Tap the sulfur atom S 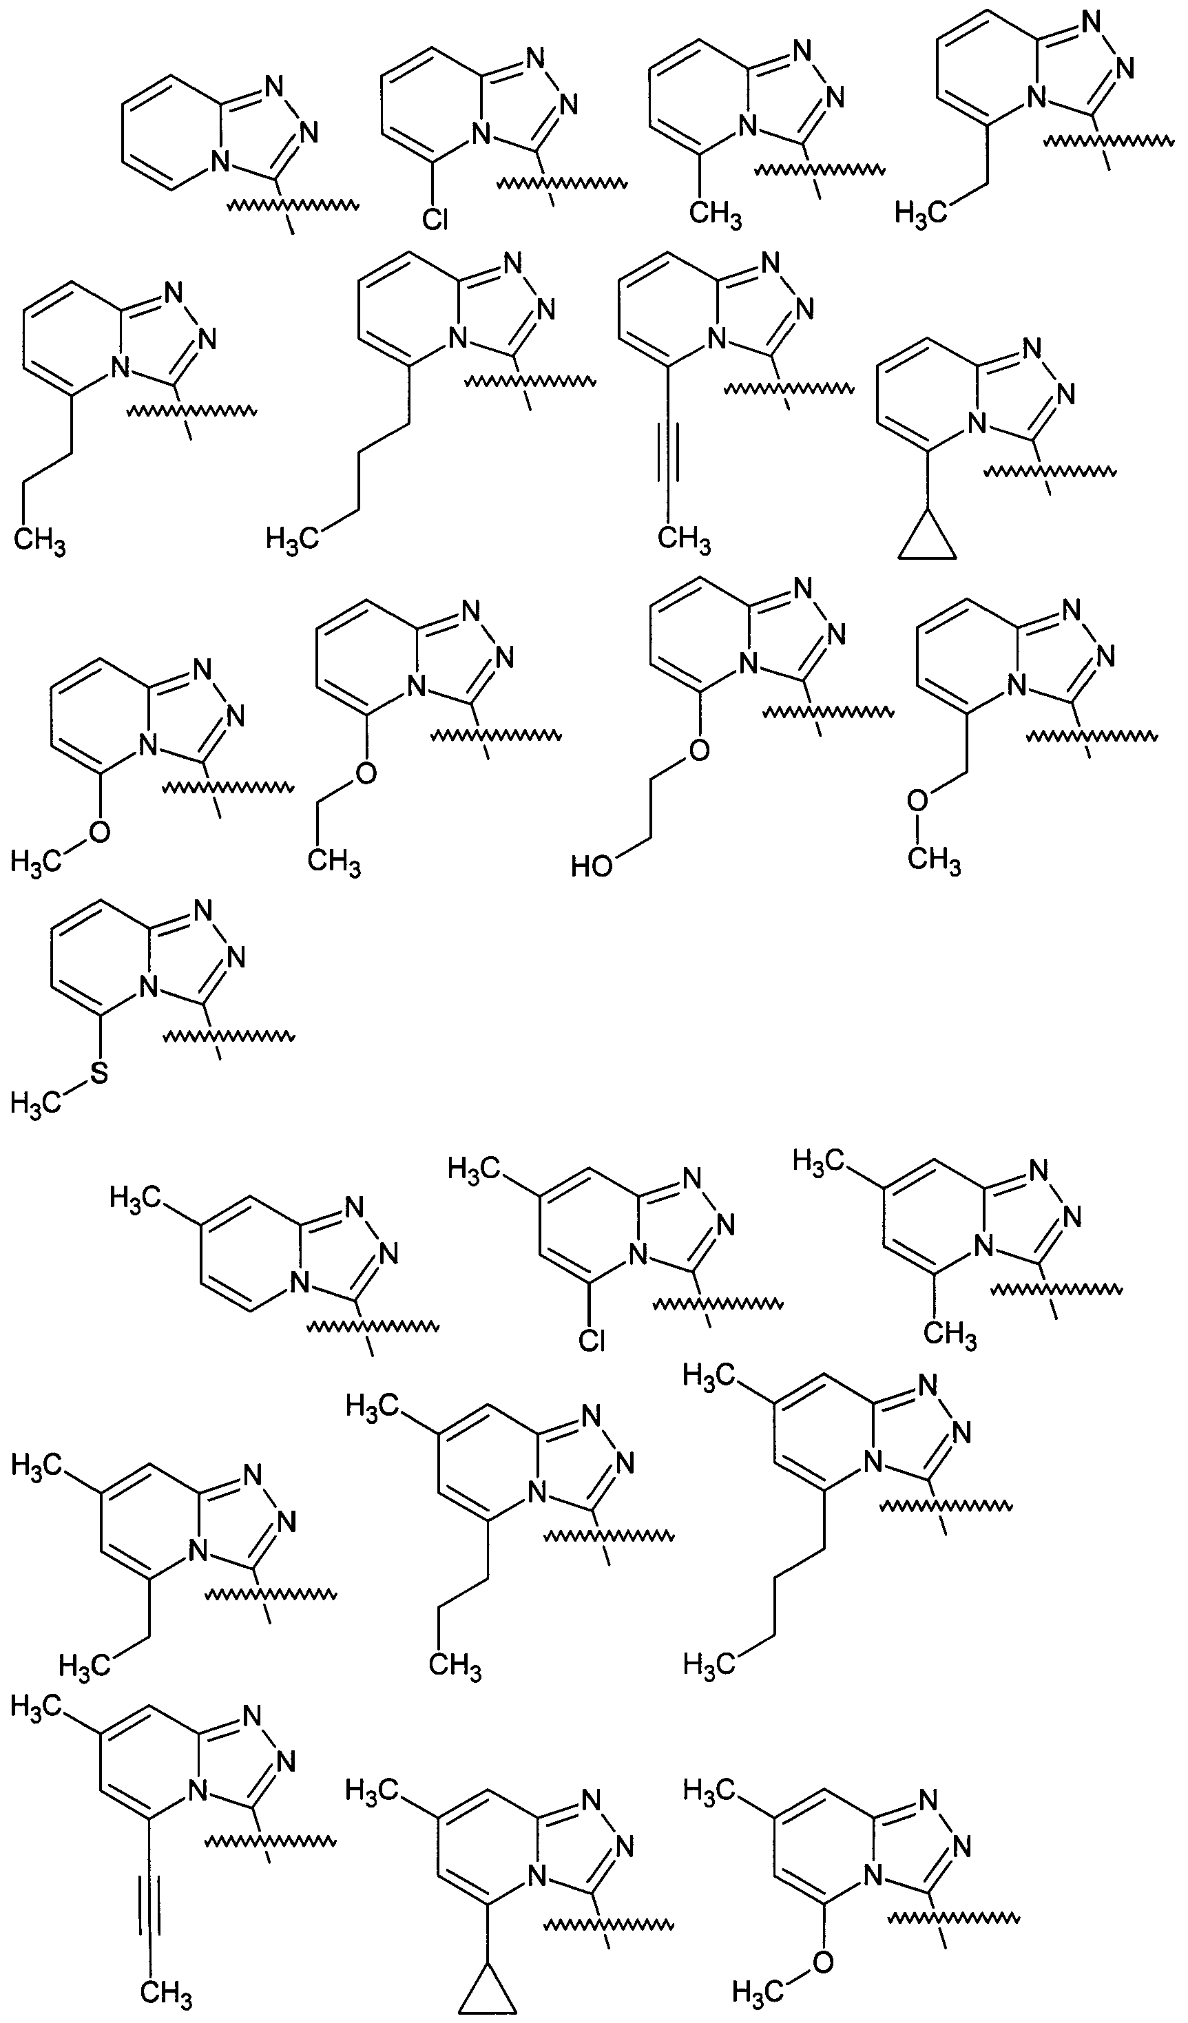click(x=98, y=1073)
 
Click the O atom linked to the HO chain click(x=699, y=750)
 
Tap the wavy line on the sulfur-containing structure click(x=228, y=1036)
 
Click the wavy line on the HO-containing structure click(x=828, y=711)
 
